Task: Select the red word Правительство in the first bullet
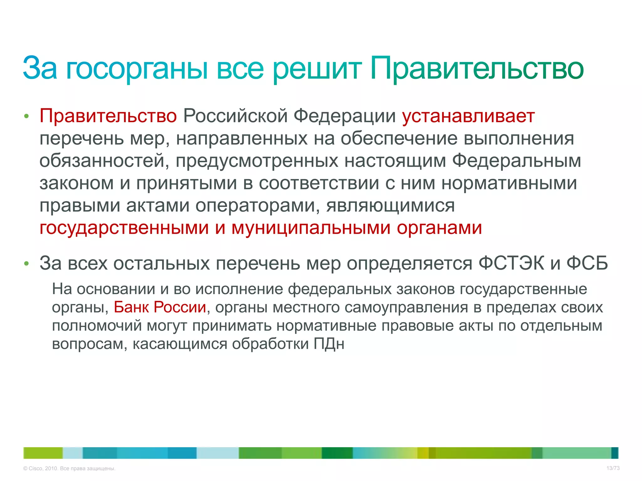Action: coord(108,116)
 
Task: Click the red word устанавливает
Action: coord(468,116)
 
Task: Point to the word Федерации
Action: coord(345,116)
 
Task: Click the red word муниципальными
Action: coord(311,228)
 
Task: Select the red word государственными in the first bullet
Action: coord(124,228)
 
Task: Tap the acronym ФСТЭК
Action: coord(511,263)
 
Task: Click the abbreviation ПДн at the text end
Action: coord(329,344)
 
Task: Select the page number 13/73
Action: coord(613,468)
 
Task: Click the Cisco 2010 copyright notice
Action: coord(69,468)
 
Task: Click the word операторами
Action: coord(258,206)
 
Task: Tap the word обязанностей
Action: coord(104,161)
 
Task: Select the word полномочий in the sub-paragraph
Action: coord(97,326)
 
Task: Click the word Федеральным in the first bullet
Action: coord(516,161)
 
